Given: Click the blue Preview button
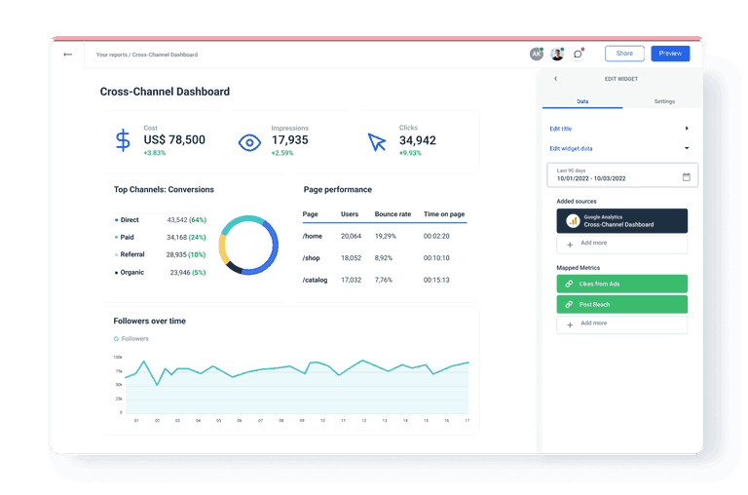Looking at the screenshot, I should [x=670, y=54].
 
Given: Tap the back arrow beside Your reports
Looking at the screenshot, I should [x=67, y=55].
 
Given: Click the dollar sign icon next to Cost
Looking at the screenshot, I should [x=123, y=141].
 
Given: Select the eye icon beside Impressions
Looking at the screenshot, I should [x=250, y=142].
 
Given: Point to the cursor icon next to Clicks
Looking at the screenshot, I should [x=377, y=142].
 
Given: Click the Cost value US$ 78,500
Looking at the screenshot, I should [x=174, y=140].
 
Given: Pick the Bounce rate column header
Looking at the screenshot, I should [x=393, y=213].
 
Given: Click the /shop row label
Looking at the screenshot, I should [x=312, y=258].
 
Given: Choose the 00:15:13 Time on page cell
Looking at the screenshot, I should [x=436, y=280].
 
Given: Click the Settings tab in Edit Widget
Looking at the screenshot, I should [x=664, y=101].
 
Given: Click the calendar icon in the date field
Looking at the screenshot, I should [x=686, y=176].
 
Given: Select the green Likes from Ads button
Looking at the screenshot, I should [x=621, y=284].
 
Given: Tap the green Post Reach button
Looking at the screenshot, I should [x=621, y=304].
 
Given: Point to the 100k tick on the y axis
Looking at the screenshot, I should [x=118, y=358].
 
